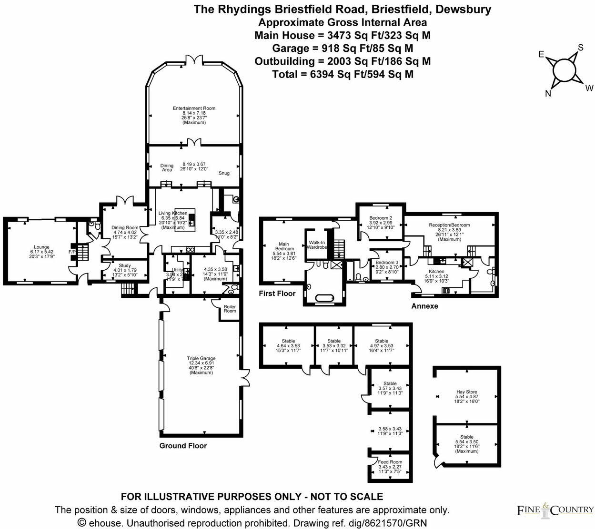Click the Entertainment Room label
pos(194,108)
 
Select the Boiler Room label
pos(230,309)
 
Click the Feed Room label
pos(390,462)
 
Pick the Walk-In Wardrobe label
pos(317,245)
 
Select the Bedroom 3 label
pos(386,263)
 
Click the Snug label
pos(224,173)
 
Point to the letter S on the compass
pos(581,48)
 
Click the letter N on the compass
pos(548,94)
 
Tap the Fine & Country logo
pos(555,510)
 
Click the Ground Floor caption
pos(183,446)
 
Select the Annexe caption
pos(424,306)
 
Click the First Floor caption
pos(277,294)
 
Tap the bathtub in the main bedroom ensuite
pos(325,299)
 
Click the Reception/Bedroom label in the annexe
pos(449,225)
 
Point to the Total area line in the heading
pos(343,74)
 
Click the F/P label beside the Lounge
pos(72,252)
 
